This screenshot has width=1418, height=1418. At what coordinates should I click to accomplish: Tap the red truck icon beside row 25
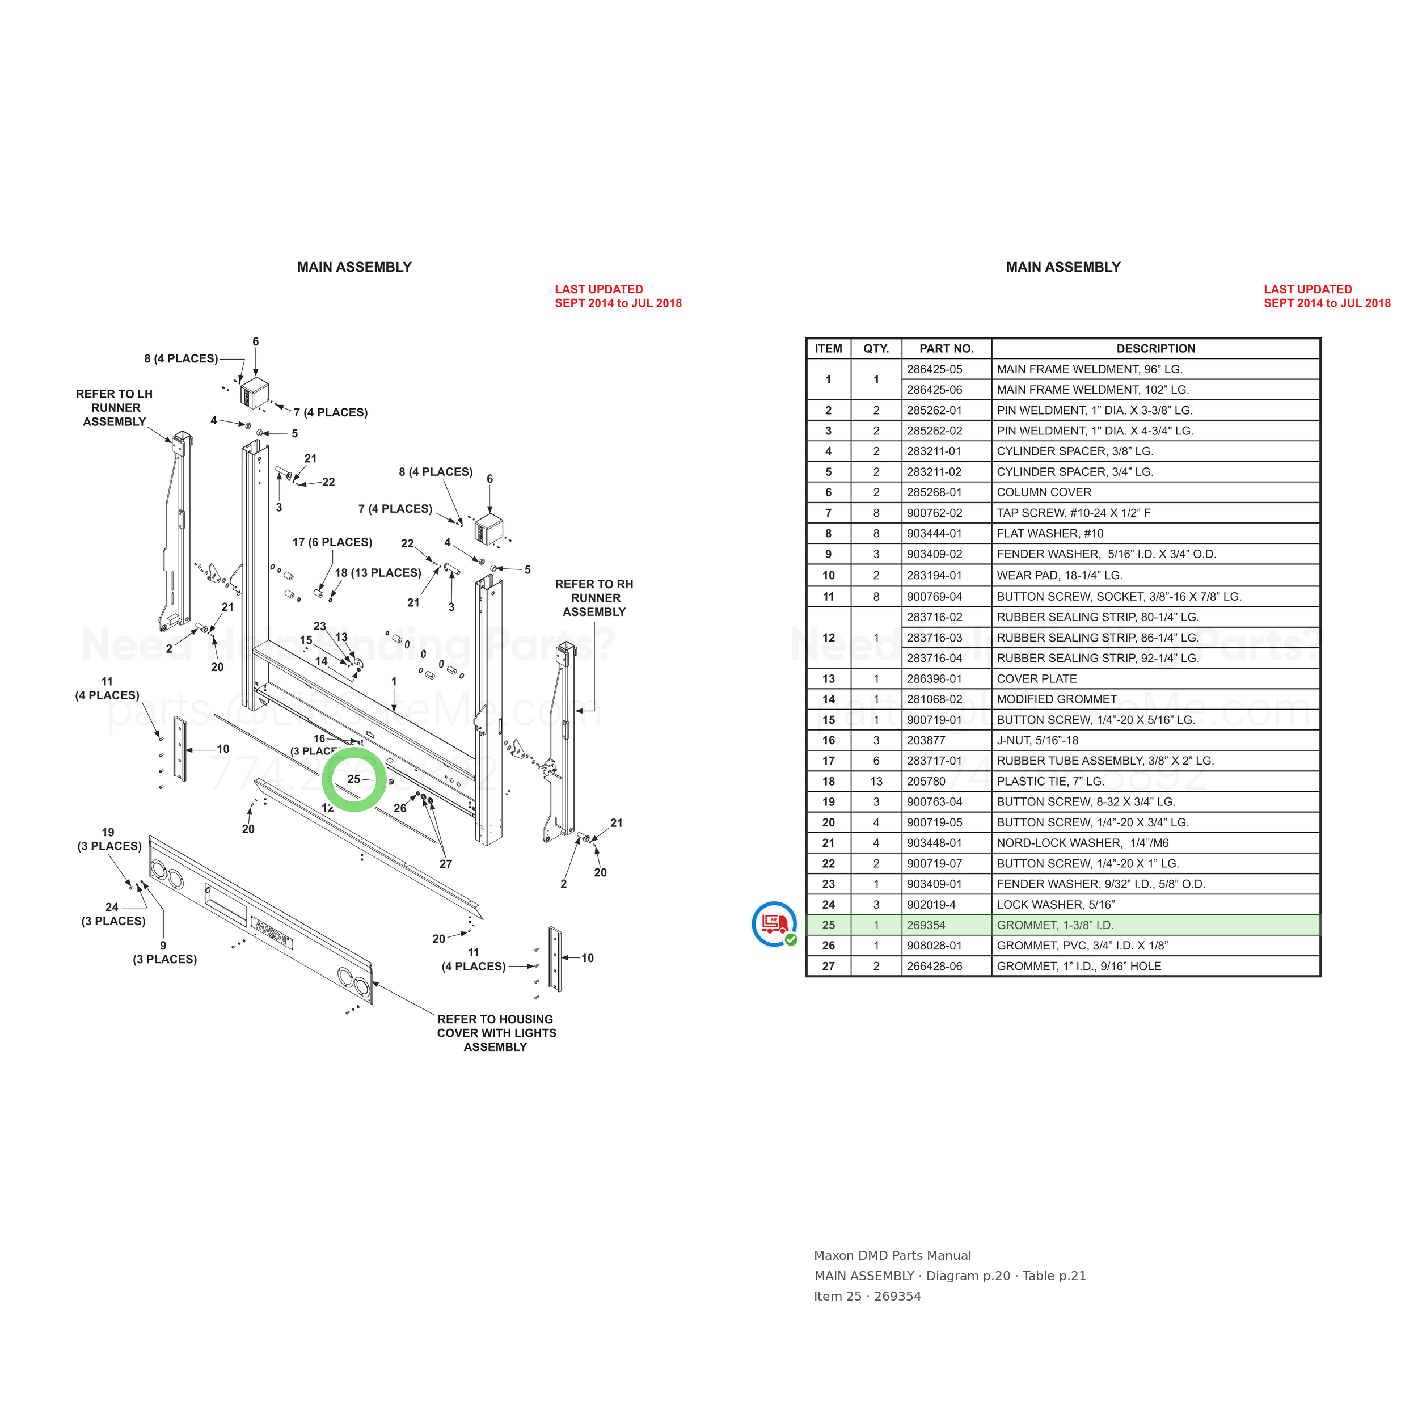point(774,924)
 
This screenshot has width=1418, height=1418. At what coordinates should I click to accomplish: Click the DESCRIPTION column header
point(1155,349)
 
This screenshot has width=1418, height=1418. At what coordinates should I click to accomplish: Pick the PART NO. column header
point(946,349)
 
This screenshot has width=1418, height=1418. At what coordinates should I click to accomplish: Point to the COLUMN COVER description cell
point(1044,492)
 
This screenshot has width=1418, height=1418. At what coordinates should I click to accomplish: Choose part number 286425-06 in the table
point(934,390)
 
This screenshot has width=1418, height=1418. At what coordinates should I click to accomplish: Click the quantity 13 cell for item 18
point(876,782)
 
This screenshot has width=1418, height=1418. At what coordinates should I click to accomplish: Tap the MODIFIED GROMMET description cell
point(1056,699)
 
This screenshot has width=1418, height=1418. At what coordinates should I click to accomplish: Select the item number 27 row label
point(828,967)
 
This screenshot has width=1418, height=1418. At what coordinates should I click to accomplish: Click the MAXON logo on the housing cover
point(272,934)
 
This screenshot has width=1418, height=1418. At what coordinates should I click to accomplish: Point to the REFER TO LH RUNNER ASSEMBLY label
point(115,408)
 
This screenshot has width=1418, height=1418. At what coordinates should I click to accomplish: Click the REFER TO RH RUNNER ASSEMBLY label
point(594,598)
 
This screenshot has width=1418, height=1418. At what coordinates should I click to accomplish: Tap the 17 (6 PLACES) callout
point(332,542)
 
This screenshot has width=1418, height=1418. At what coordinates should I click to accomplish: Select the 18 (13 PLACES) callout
point(378,573)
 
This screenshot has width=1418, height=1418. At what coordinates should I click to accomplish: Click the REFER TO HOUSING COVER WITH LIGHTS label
point(496,1033)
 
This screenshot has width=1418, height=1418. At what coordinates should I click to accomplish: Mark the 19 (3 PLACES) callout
point(109,839)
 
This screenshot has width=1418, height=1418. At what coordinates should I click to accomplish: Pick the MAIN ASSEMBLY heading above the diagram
point(354,267)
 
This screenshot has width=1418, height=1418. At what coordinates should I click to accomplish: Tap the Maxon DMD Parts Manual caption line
point(892,1255)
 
